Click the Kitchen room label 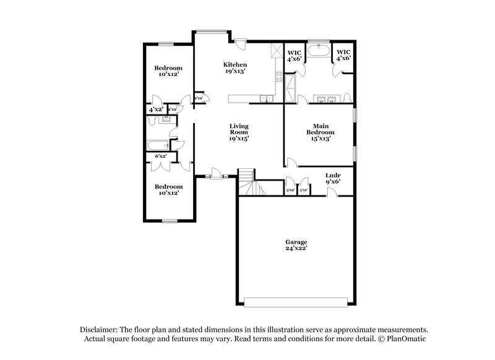pos(236,67)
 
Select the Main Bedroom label pos(321,132)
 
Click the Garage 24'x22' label pos(296,246)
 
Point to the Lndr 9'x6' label pos(333,179)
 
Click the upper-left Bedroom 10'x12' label pos(168,71)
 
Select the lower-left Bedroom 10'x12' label pos(168,190)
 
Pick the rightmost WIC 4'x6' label pos(343,54)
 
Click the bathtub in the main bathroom pos(319,51)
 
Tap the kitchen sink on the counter pos(267,98)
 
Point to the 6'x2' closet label pos(161,157)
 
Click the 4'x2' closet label pos(155,109)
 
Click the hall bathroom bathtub pos(158,145)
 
